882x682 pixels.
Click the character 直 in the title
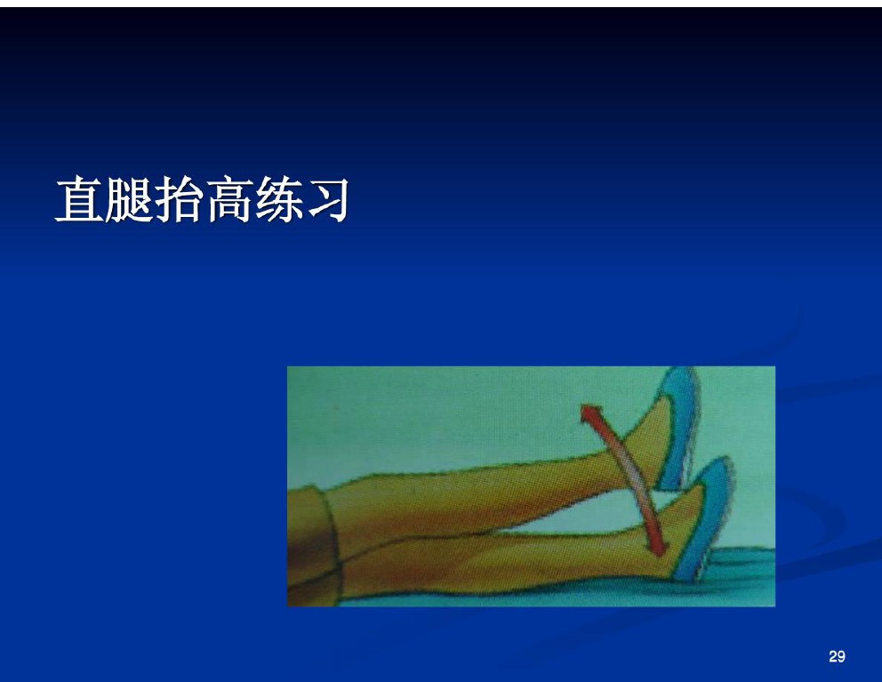point(79,199)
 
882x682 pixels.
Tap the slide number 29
point(837,656)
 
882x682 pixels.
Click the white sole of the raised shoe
point(692,433)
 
